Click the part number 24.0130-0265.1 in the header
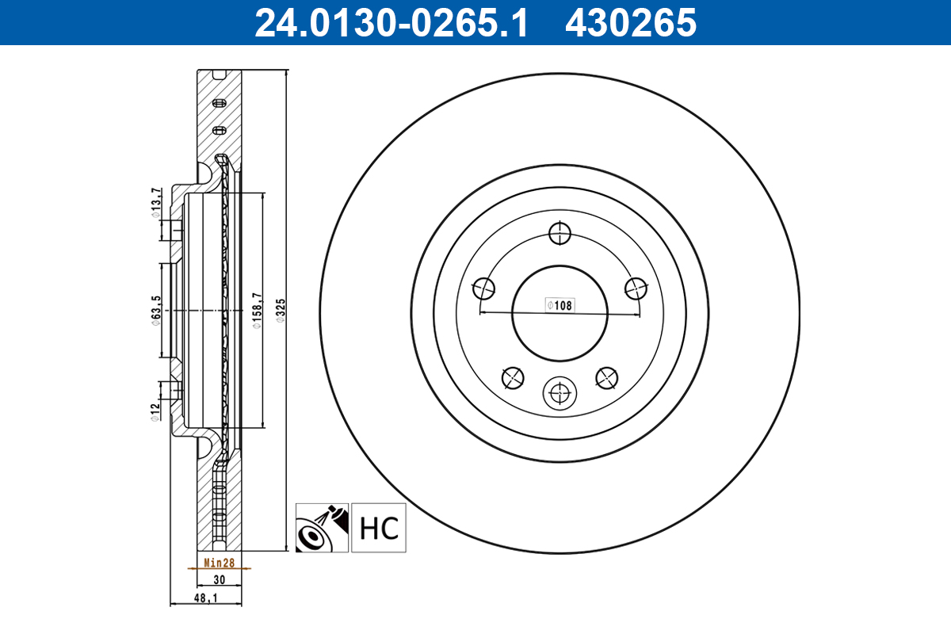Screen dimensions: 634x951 point(390,22)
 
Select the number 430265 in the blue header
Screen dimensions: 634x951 point(630,22)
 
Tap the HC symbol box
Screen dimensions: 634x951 point(379,528)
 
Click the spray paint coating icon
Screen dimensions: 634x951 point(321,528)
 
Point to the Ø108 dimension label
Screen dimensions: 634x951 point(560,304)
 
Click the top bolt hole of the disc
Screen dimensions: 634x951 point(560,233)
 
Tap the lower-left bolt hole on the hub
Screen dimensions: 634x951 point(513,378)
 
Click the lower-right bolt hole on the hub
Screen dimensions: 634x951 point(606,378)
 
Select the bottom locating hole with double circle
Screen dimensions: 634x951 point(560,392)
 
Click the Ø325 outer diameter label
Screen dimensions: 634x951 point(280,311)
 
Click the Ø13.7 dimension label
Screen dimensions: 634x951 point(156,201)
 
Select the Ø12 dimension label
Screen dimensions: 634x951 point(156,411)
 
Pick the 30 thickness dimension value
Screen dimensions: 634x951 point(219,580)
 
